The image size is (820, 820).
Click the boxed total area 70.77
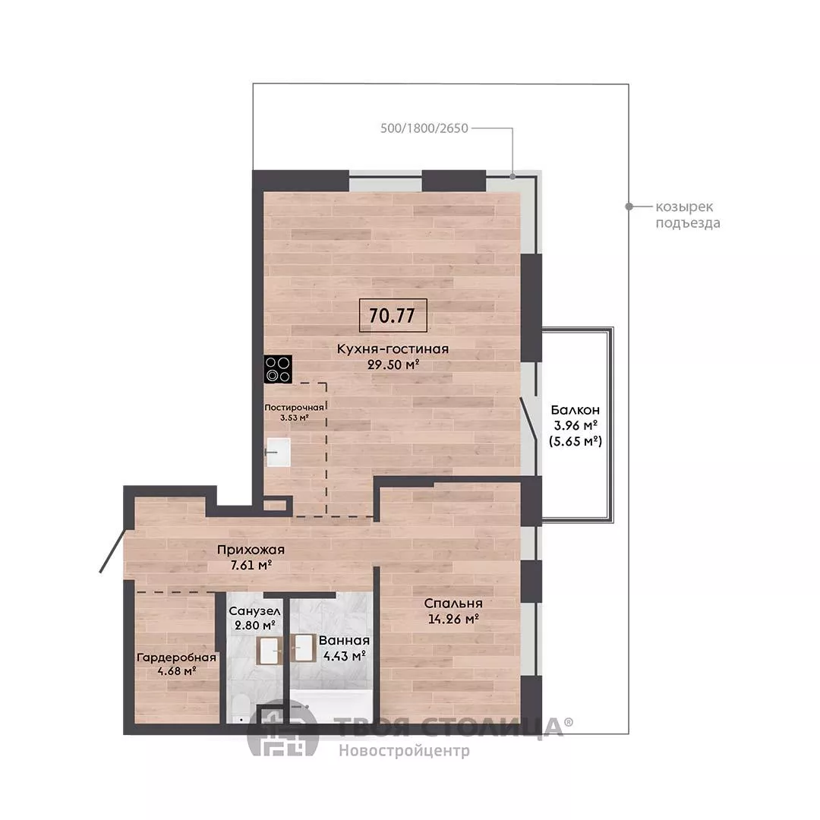(393, 315)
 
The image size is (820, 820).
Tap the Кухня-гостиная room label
(393, 348)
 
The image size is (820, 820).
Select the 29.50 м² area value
(393, 365)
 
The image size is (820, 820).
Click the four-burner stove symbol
(278, 369)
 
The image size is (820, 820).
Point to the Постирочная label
(294, 408)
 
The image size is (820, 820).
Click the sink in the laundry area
(278, 452)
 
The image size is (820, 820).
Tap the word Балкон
(576, 410)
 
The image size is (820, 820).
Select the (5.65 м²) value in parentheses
(576, 441)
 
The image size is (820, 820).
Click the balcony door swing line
(528, 418)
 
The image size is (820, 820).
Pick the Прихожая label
(251, 550)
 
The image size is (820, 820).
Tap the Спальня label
(453, 604)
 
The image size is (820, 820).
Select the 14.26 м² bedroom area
(453, 620)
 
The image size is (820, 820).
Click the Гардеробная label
(176, 658)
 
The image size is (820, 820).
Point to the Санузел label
(254, 610)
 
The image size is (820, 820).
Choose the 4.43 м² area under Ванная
(344, 656)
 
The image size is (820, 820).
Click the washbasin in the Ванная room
(302, 648)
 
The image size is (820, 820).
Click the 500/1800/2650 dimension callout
(424, 128)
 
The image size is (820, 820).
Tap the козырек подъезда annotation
(688, 215)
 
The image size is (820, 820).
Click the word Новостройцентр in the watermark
(404, 751)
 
